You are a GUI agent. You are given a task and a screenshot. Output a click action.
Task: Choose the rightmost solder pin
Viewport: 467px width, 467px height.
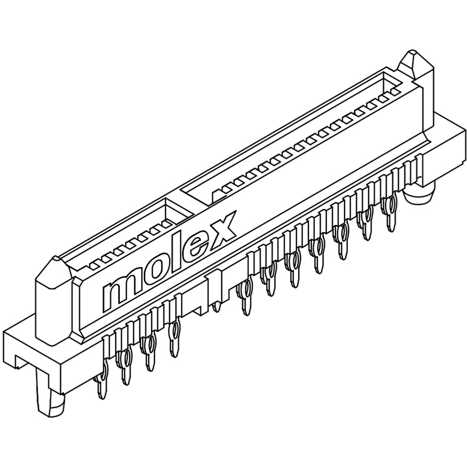391,212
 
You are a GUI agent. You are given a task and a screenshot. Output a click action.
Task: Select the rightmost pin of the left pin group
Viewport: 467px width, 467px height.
174,339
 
